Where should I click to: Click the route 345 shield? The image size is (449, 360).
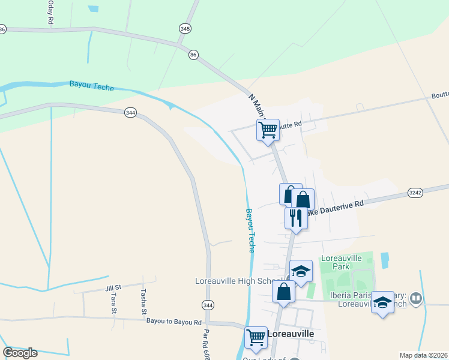[185, 28]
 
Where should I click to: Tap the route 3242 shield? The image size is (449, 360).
[415, 193]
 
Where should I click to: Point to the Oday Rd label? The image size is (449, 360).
[50, 13]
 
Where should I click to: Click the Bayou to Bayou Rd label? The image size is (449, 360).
[174, 322]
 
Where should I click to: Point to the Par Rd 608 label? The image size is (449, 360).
[205, 343]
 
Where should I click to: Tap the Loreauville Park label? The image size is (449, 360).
[341, 262]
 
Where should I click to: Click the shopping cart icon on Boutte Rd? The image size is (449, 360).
[268, 130]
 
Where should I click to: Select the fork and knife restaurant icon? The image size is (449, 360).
[295, 217]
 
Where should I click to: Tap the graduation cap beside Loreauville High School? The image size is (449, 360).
[301, 271]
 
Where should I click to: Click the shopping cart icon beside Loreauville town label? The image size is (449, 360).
[256, 337]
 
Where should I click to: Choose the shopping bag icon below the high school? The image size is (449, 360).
[284, 292]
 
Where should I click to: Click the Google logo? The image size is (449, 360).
[20, 352]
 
